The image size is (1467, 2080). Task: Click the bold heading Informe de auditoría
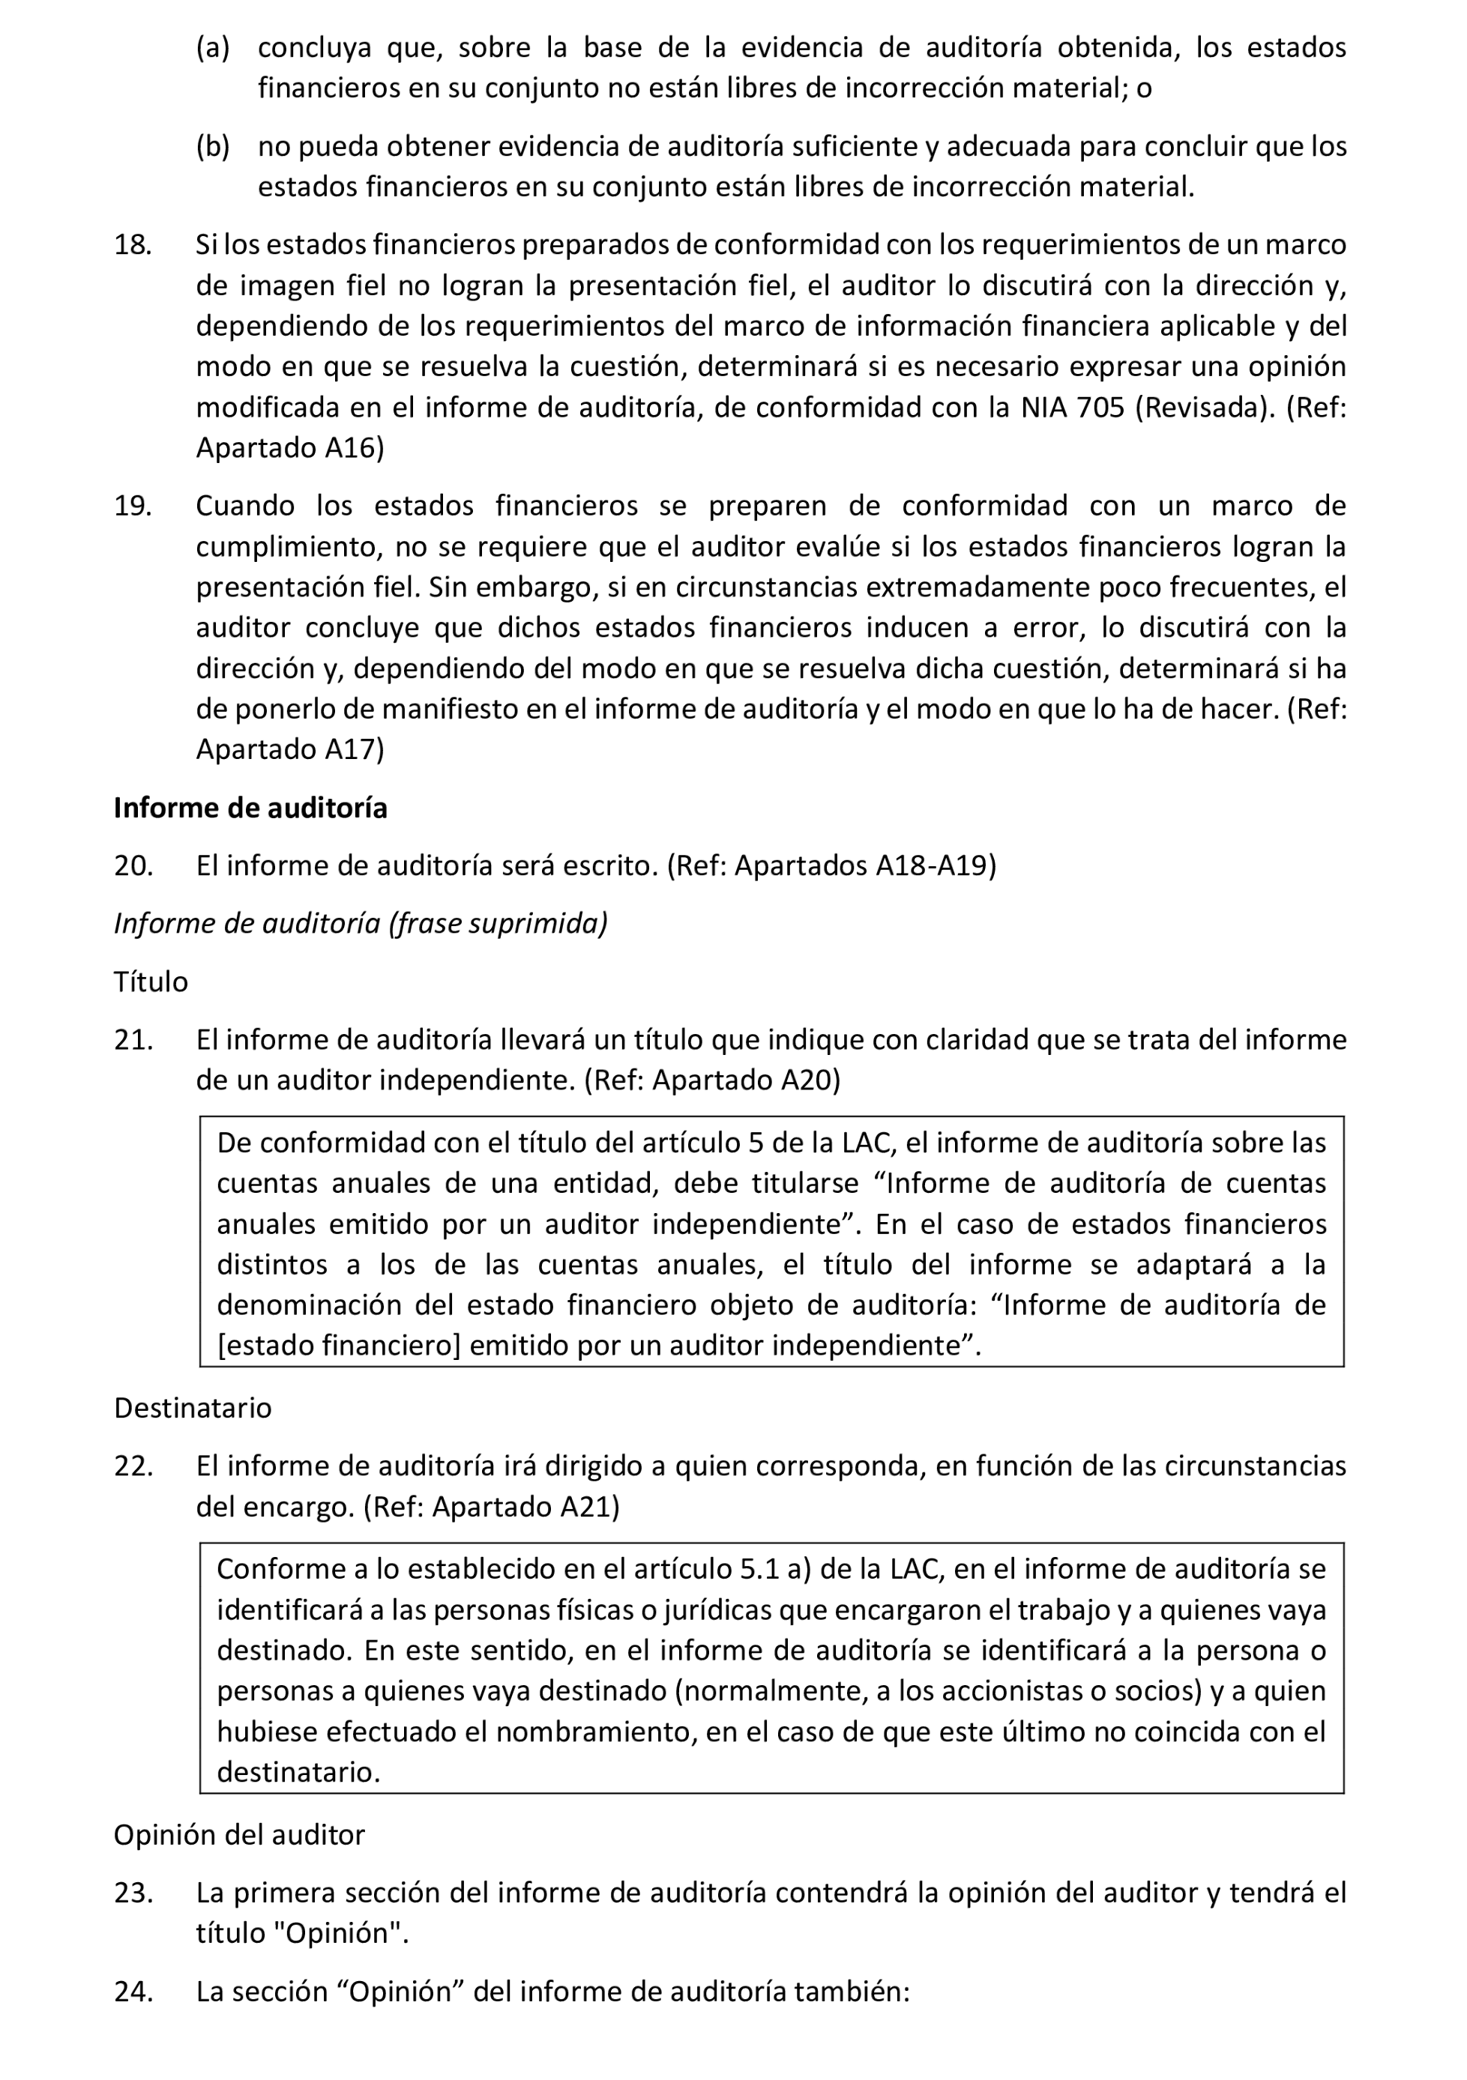click(250, 808)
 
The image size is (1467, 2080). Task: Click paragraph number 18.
click(132, 244)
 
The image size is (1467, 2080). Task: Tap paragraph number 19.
click(132, 506)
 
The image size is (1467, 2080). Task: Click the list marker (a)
click(213, 47)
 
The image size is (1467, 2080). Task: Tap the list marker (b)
click(213, 146)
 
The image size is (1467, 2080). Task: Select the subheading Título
click(151, 982)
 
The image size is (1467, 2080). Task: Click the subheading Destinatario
click(192, 1408)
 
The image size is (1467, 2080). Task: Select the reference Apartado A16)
click(290, 448)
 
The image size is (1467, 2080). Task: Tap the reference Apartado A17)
click(290, 749)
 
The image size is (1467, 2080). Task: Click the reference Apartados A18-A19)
click(864, 866)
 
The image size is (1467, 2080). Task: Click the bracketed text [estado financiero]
click(340, 1345)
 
